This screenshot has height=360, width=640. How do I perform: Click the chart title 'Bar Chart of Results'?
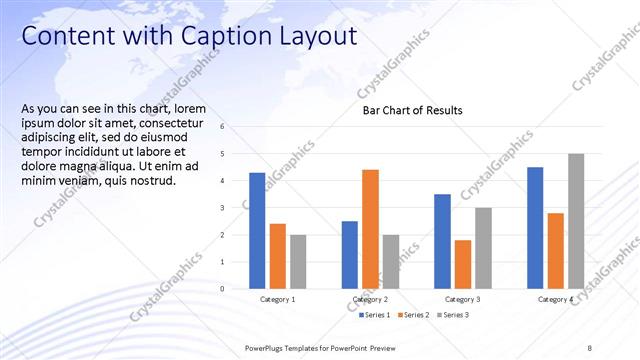[x=412, y=110]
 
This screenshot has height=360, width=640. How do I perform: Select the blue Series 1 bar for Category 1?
[x=257, y=230]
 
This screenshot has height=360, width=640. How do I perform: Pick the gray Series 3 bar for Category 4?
[x=576, y=221]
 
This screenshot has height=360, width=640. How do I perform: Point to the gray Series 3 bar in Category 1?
[x=299, y=262]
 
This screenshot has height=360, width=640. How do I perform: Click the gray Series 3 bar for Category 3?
[x=483, y=248]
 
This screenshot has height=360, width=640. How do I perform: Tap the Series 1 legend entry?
[x=375, y=315]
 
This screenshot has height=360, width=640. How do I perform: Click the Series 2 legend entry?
[x=413, y=315]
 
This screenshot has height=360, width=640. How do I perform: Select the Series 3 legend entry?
[x=452, y=315]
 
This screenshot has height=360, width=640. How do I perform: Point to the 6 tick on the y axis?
[x=236, y=127]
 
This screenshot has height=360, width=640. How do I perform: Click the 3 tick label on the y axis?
[x=236, y=208]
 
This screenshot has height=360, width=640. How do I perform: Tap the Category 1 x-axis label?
[x=278, y=299]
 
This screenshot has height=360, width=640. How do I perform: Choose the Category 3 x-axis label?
[x=462, y=299]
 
